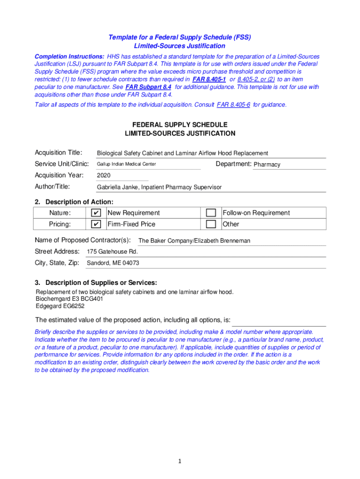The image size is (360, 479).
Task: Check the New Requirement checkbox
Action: (95, 213)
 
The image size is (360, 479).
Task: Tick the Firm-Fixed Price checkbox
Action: (95, 225)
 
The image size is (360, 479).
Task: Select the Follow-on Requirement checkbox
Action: (211, 213)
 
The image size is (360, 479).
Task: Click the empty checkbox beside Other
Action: (211, 225)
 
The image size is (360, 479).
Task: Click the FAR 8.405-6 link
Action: (234, 105)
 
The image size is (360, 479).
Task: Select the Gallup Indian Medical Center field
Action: (126, 164)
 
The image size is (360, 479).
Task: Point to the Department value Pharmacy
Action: (267, 165)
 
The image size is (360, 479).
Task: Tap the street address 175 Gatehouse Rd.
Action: (112, 252)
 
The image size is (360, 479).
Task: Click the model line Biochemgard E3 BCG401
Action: (70, 299)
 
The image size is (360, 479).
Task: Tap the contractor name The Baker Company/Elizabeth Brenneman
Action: (194, 241)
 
